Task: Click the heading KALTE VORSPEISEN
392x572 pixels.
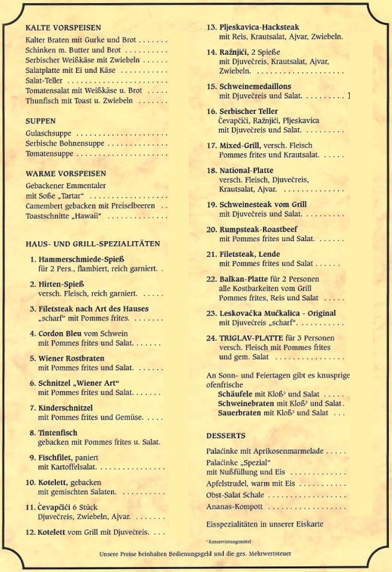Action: [x=63, y=27]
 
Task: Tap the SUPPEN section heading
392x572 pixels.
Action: [x=41, y=121]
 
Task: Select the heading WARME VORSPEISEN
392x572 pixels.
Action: [x=66, y=174]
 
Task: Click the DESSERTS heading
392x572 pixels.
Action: [x=226, y=435]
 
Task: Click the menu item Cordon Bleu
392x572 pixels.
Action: [x=64, y=333]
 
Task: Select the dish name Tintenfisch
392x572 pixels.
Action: [x=58, y=433]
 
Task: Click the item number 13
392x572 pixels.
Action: [x=212, y=27]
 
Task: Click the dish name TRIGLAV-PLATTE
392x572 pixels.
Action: [x=250, y=338]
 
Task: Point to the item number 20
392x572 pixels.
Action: [x=212, y=230]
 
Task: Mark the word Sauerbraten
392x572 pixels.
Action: [x=240, y=413]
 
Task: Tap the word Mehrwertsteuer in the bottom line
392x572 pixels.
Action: [x=269, y=553]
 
